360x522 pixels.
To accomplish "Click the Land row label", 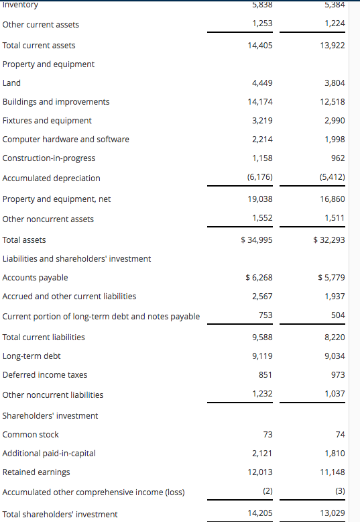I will (12, 83).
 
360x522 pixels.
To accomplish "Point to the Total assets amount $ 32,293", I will (329, 240).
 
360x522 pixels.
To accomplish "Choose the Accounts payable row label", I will (36, 278).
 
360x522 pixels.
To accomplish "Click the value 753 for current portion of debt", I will (265, 315).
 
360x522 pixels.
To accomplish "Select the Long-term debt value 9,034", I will (334, 356).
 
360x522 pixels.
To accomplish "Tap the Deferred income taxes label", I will (45, 375).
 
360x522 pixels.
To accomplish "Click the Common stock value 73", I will (267, 435).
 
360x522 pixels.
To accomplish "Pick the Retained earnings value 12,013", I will (261, 472).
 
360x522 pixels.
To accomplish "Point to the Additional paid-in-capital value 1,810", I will (334, 454).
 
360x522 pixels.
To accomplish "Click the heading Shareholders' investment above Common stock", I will (50, 416).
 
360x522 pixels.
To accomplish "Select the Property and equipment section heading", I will (48, 64).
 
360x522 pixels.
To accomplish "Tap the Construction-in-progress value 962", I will (338, 158).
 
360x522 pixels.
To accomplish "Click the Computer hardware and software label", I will (66, 140).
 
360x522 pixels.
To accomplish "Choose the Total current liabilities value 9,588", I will (262, 337).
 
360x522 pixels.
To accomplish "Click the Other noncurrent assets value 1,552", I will (262, 218).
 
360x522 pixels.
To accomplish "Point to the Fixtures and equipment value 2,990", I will (334, 121).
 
